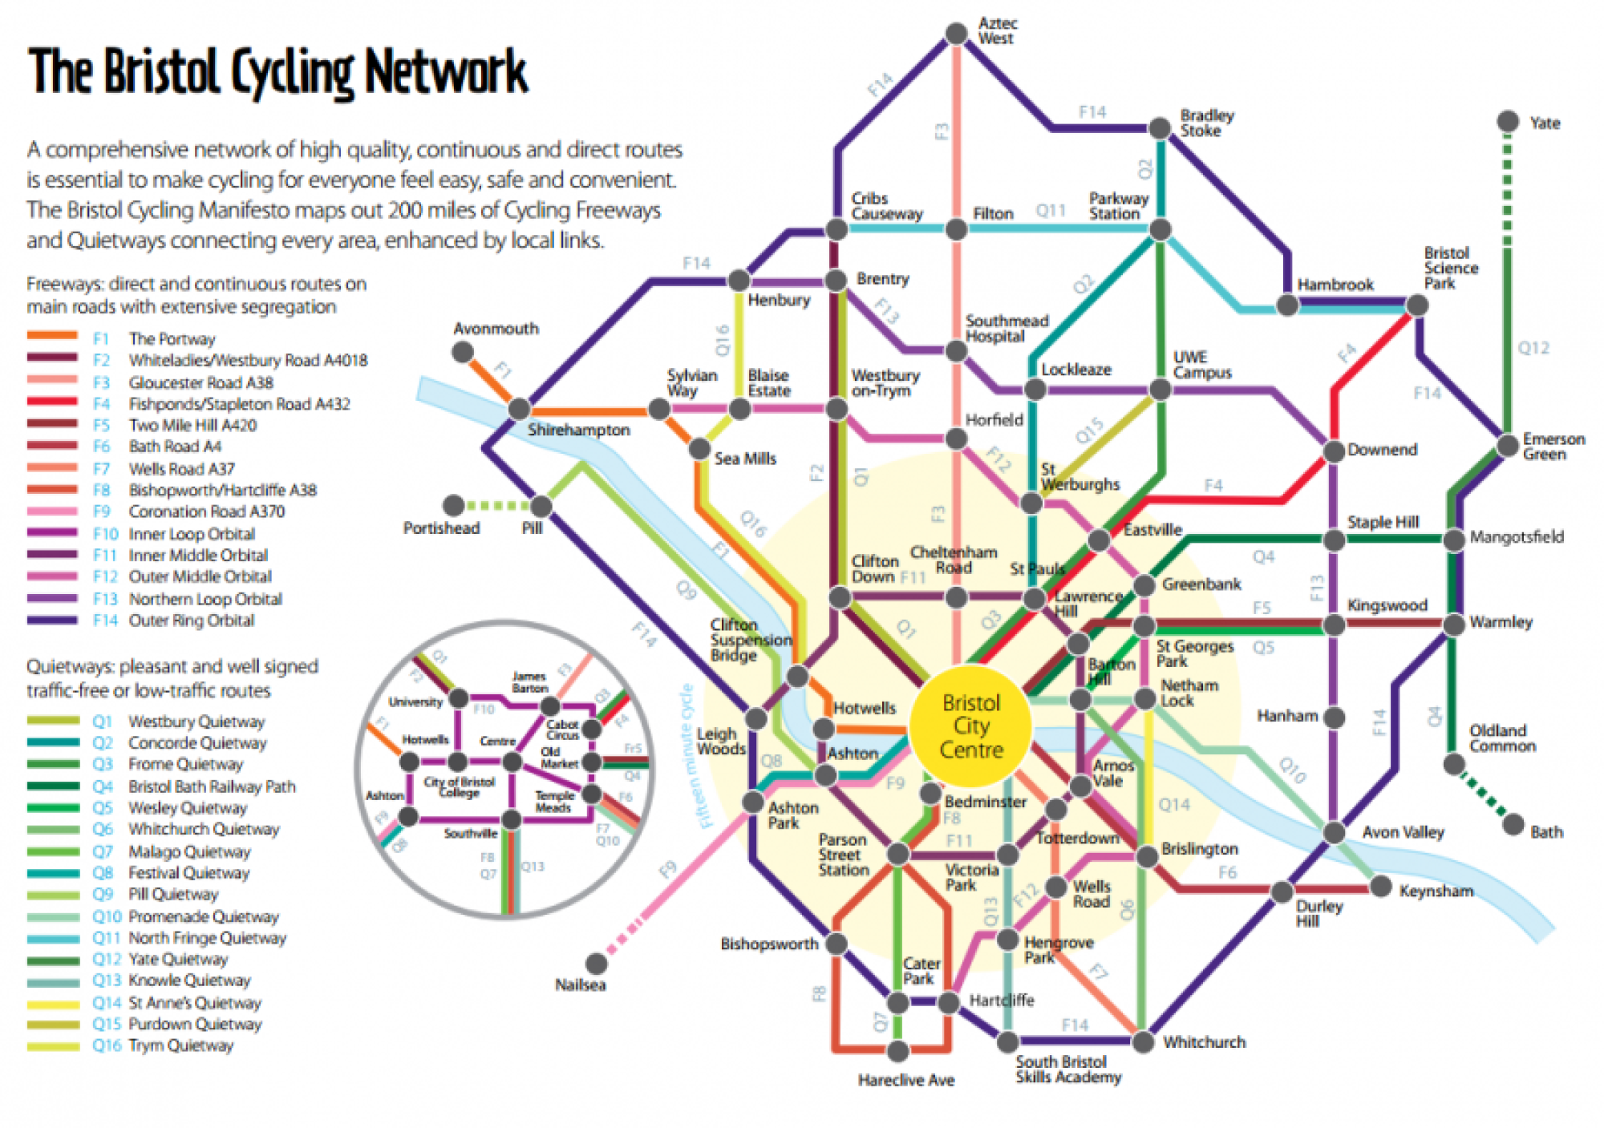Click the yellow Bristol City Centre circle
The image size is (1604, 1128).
click(971, 726)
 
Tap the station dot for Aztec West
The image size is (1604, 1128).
click(956, 34)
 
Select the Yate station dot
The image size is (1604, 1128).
click(1508, 122)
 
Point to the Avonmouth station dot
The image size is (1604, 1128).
click(462, 352)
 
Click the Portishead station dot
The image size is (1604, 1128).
click(454, 505)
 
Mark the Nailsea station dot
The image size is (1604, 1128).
click(596, 962)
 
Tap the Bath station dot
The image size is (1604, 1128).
click(1513, 824)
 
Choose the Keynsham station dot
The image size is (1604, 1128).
click(1381, 886)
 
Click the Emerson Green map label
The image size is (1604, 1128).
click(1553, 447)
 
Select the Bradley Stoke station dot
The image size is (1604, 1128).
click(1160, 128)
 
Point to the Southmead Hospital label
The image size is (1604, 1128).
click(1007, 328)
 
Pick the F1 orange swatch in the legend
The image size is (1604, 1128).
click(52, 337)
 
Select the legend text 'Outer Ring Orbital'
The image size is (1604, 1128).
click(192, 621)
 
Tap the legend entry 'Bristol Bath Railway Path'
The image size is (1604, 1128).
click(212, 786)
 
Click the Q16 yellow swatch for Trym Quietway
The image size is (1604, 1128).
click(53, 1045)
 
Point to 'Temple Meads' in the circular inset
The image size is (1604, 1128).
click(555, 802)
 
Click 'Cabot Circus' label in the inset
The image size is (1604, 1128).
click(562, 730)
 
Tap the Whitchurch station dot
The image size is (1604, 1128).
click(1144, 1041)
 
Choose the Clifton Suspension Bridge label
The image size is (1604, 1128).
click(750, 640)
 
